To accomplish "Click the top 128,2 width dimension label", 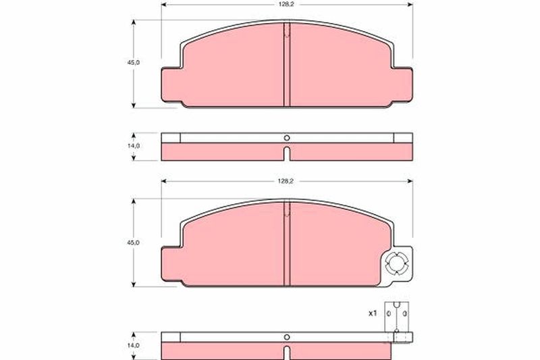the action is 286,4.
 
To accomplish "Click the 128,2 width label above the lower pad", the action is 286,181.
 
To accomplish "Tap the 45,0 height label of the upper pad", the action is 134,63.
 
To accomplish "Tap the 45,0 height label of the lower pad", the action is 134,242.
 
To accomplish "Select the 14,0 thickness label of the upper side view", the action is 134,146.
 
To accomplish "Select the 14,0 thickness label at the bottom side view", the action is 134,345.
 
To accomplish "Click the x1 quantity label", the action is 373,313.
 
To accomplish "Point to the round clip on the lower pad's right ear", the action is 396,264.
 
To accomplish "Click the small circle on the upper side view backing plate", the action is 287,138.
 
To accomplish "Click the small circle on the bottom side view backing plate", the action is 287,337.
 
